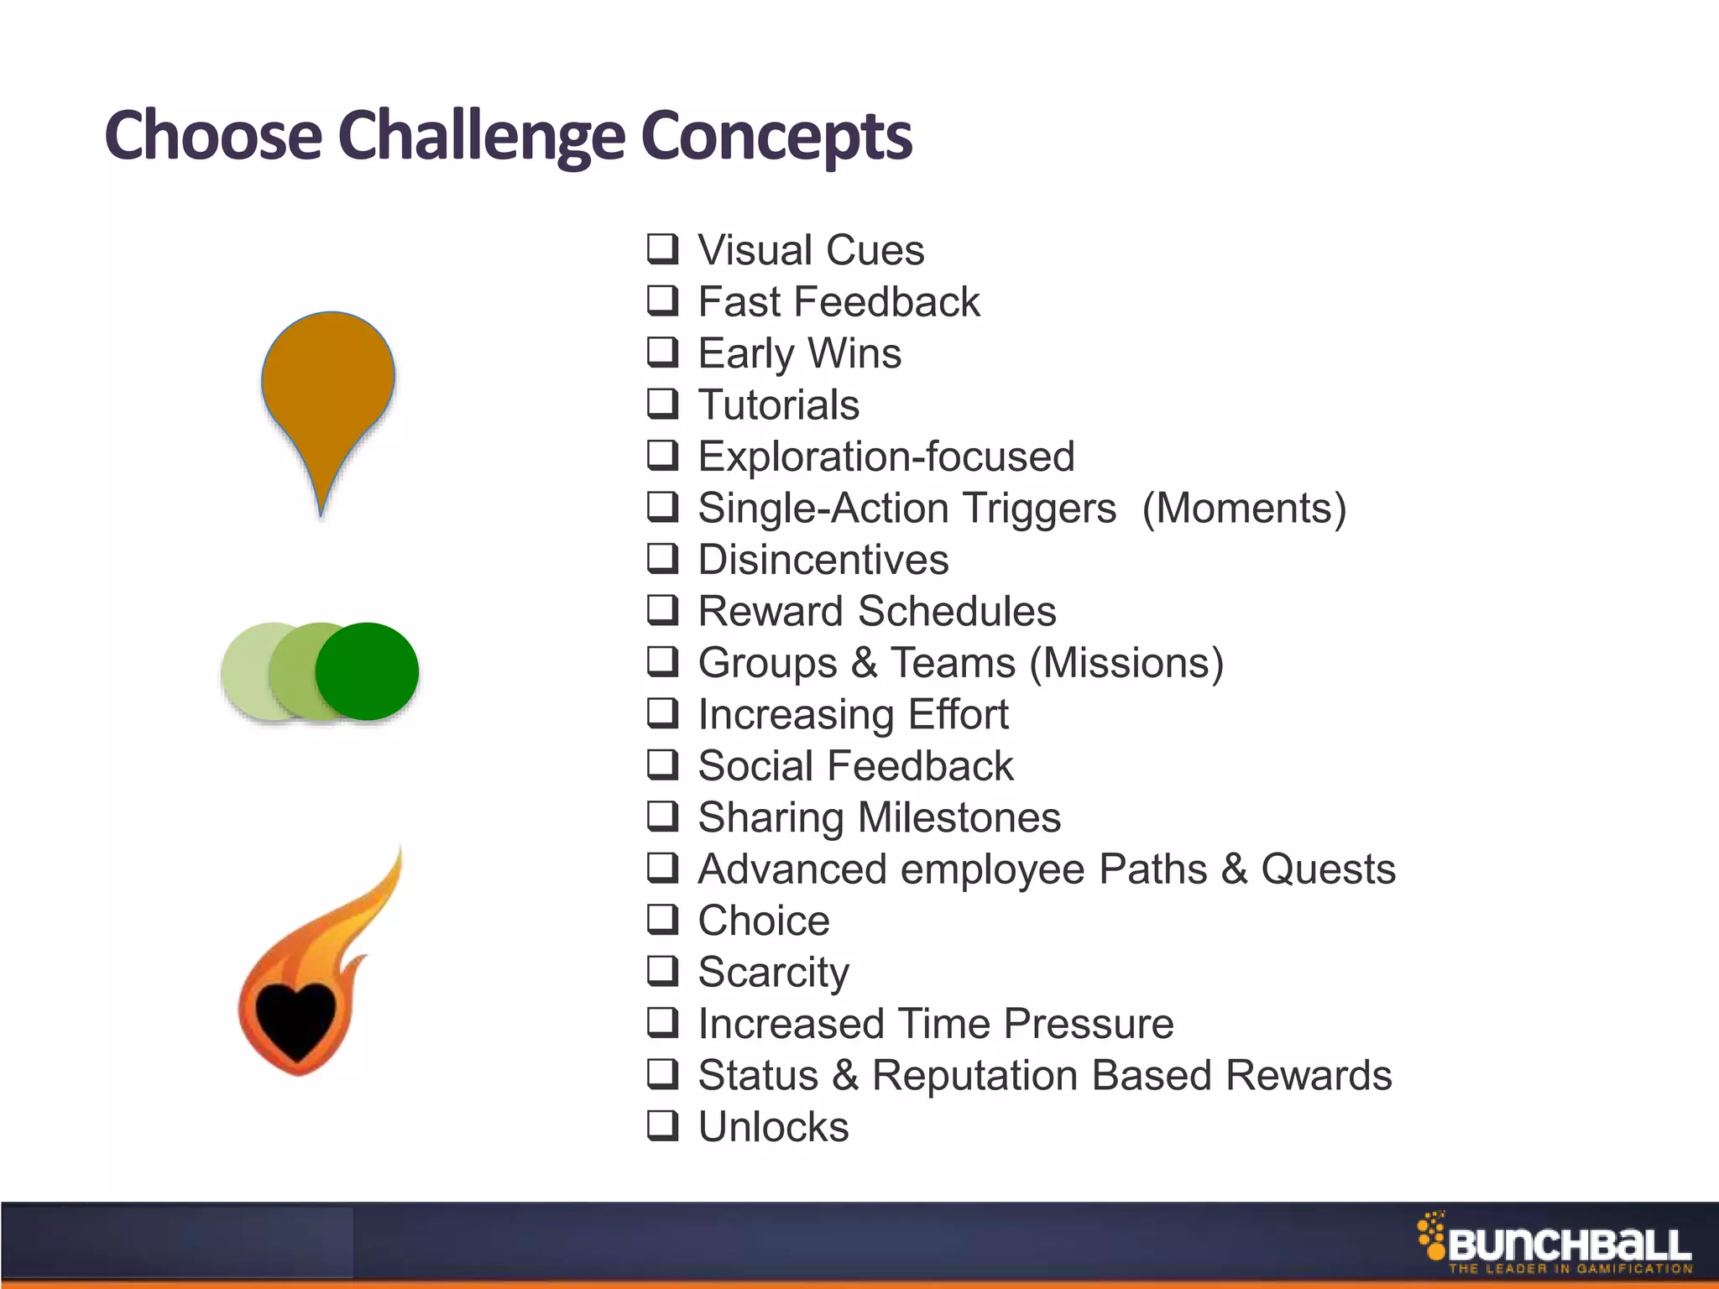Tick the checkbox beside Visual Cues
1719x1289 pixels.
662,248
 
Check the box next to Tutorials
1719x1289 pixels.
662,403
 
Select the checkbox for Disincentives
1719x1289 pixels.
662,558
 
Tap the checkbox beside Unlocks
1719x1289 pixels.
662,1125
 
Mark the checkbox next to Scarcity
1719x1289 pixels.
662,970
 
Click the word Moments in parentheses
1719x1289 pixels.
1245,508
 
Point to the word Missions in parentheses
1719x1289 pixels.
1126,663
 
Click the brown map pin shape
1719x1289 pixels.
327,386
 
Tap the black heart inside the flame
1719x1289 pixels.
295,1020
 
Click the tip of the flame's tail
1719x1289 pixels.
400,852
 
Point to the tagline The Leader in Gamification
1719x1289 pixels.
1570,1269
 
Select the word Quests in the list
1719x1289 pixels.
1328,869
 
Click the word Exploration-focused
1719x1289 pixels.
886,457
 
